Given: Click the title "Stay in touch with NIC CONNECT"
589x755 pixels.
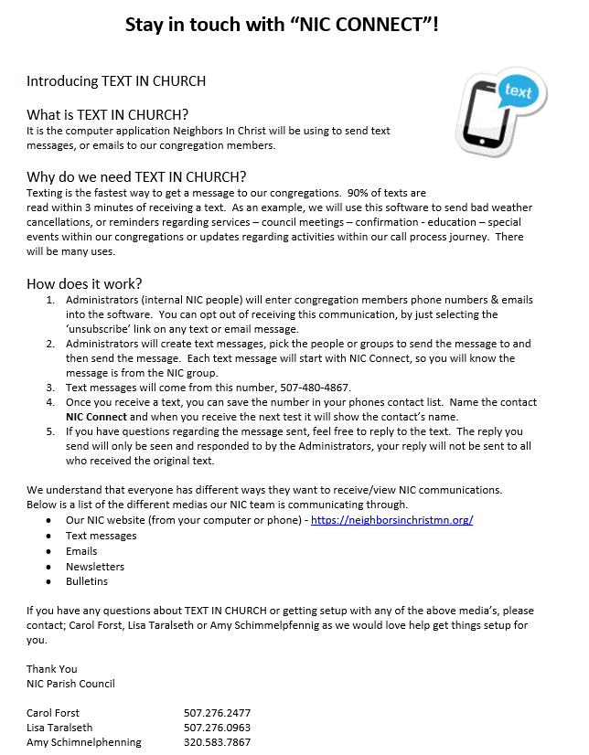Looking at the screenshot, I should (x=282, y=25).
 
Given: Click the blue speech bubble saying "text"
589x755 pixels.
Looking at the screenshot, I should (x=518, y=91).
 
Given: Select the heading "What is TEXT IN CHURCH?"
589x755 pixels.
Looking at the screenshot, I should (x=108, y=115).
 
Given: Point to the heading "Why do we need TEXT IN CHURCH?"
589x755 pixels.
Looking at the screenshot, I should (x=136, y=176).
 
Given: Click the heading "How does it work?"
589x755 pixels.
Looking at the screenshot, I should (x=84, y=283).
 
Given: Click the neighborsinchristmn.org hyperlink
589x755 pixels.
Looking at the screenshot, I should (x=391, y=520).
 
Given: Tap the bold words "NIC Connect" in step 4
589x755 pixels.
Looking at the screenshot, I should (x=96, y=418).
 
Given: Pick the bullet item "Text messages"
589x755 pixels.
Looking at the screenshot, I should (x=101, y=536).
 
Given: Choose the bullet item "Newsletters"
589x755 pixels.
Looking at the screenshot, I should (x=94, y=567).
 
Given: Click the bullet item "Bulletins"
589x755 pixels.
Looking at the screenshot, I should (x=86, y=581).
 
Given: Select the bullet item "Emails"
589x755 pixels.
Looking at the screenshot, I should (x=80, y=551).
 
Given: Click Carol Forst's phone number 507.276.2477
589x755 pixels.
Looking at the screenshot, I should (x=217, y=712).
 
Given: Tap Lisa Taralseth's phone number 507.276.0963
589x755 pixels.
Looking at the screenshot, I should (x=217, y=728).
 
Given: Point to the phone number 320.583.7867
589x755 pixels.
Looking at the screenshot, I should (x=217, y=742).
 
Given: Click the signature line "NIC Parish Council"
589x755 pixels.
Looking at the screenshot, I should (x=70, y=684).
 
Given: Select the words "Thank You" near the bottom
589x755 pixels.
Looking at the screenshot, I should (x=51, y=669).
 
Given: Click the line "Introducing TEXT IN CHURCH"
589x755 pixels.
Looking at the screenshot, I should (x=116, y=81).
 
